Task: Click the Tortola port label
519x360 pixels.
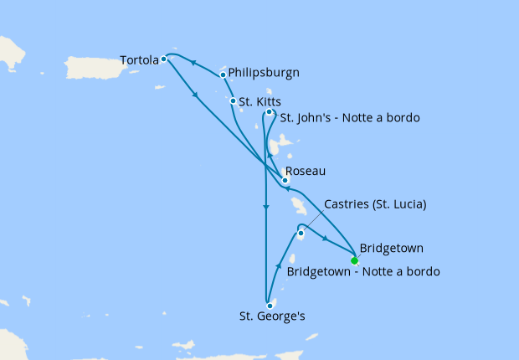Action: [x=139, y=60]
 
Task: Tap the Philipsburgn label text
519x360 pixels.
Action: [x=264, y=73]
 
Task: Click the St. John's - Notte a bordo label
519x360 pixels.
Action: [x=349, y=117]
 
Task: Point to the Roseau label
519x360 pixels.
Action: [x=306, y=171]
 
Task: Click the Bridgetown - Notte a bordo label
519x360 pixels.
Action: [x=363, y=271]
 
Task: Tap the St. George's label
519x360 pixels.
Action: [x=270, y=317]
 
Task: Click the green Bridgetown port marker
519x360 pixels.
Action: [x=354, y=260]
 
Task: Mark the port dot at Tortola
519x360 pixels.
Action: [x=163, y=59]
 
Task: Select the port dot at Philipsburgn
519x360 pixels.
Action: [x=223, y=75]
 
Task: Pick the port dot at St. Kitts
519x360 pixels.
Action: [x=233, y=101]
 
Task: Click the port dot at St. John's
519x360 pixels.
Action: [x=269, y=112]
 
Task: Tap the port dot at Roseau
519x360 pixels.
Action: [x=285, y=180]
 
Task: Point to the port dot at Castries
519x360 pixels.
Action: [x=301, y=233]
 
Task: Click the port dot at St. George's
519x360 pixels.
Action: [x=270, y=305]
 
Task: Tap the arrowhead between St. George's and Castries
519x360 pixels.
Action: [x=278, y=267]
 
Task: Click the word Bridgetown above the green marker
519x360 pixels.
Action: [x=391, y=249]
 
